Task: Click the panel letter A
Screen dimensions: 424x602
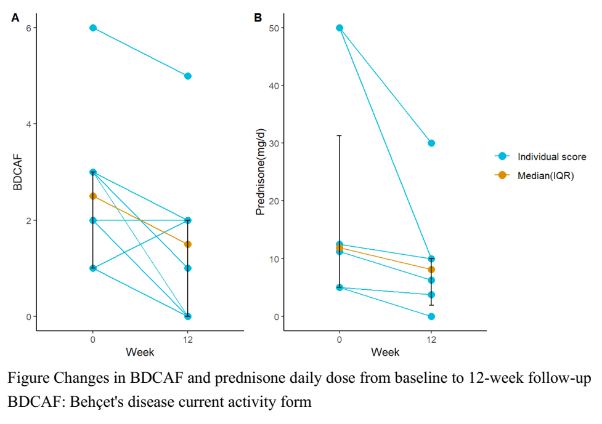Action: (x=15, y=18)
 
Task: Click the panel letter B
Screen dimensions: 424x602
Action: (x=258, y=18)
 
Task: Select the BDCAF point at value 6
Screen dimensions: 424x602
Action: (x=93, y=28)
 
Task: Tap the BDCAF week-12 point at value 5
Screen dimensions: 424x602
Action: (x=188, y=76)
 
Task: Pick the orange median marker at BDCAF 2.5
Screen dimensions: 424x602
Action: (x=93, y=196)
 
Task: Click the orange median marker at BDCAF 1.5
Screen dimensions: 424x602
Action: (x=188, y=244)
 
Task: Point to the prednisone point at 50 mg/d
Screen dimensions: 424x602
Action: (x=340, y=28)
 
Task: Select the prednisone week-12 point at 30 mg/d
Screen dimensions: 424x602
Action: (x=431, y=143)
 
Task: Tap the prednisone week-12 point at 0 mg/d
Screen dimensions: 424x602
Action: (x=431, y=316)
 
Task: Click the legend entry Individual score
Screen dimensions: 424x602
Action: (x=551, y=157)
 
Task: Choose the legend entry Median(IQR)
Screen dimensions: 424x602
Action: (x=545, y=175)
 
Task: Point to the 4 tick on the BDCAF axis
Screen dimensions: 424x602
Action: (x=28, y=124)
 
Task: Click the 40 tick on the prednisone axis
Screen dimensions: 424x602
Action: (x=271, y=86)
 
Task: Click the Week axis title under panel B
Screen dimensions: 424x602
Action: (x=385, y=353)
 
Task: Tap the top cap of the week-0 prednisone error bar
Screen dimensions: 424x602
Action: (x=340, y=135)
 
